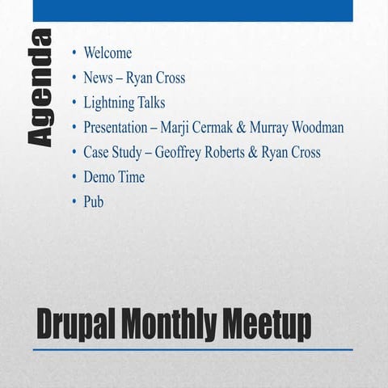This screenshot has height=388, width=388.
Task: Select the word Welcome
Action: click(x=108, y=54)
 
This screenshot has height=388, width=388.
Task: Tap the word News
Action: click(x=99, y=78)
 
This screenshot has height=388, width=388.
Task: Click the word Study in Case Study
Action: click(x=132, y=153)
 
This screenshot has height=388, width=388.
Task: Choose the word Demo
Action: click(x=99, y=177)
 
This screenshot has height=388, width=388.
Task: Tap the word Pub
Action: click(x=94, y=202)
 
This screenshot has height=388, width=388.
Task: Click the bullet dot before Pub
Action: click(x=74, y=202)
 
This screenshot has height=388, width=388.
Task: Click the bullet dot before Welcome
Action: click(x=74, y=54)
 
